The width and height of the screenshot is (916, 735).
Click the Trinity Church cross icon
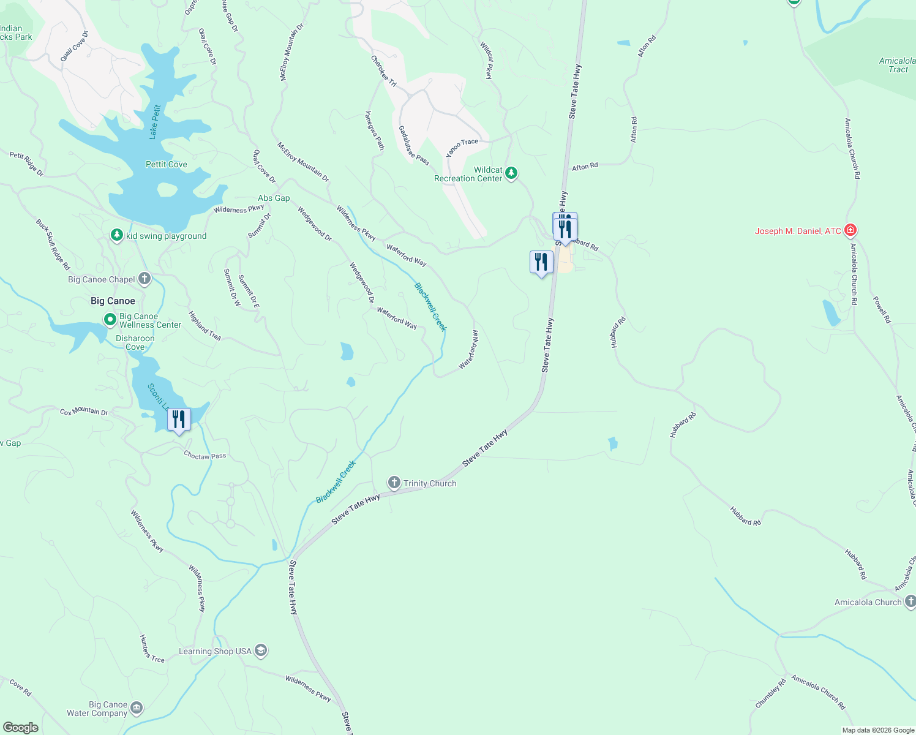pos(394,483)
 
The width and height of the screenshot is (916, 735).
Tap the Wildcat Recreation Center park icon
pos(511,174)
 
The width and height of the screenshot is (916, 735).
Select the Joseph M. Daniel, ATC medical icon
pos(850,231)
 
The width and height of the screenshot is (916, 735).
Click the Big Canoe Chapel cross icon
pos(145,279)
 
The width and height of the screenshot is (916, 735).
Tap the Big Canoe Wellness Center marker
pos(110,320)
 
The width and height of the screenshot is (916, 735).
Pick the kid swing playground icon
pos(117,236)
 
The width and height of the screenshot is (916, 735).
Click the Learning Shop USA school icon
pos(261,650)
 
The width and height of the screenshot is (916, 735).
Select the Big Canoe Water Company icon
pos(137,709)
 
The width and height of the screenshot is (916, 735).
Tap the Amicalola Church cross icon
pos(910,602)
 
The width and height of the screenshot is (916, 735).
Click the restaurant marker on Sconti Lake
pos(179,420)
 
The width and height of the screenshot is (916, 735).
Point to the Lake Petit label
pos(156,122)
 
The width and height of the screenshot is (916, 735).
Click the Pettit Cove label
pos(167,164)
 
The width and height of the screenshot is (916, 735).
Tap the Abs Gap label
pos(274,198)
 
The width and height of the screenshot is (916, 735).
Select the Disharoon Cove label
pos(135,342)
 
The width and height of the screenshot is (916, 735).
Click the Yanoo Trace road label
pos(462,147)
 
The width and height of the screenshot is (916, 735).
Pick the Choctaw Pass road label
pos(205,456)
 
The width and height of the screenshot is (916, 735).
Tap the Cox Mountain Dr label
pos(84,411)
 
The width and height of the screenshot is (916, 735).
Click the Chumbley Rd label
pos(770,694)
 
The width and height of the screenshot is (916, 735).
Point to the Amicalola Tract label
pos(898,65)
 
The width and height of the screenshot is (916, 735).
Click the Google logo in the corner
pos(21,727)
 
